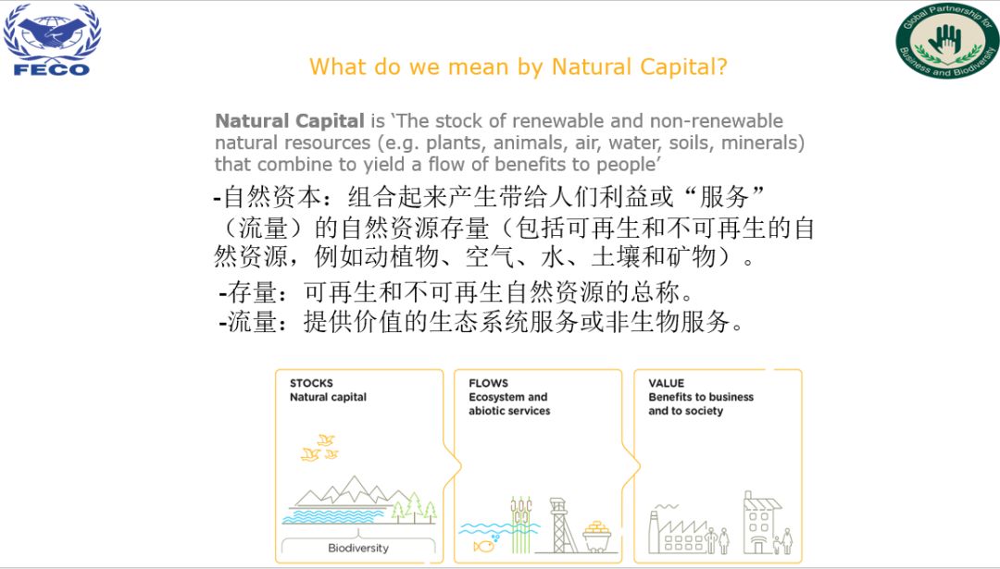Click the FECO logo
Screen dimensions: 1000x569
coord(52,40)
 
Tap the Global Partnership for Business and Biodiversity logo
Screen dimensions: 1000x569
coord(946,40)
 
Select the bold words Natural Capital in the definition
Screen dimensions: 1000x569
coord(290,120)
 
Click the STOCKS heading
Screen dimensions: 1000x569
coord(311,383)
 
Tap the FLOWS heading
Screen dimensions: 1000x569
coord(489,383)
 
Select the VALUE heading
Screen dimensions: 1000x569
coord(667,383)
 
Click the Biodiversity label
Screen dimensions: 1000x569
coord(357,548)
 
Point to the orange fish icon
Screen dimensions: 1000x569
coord(483,546)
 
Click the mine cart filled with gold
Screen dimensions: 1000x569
coord(597,537)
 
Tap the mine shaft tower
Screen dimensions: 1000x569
coord(560,525)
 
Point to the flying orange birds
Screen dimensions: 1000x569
coord(319,448)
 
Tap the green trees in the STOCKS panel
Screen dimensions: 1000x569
coord(414,508)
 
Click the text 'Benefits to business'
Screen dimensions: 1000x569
coord(701,397)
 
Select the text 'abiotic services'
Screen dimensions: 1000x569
coord(509,411)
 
